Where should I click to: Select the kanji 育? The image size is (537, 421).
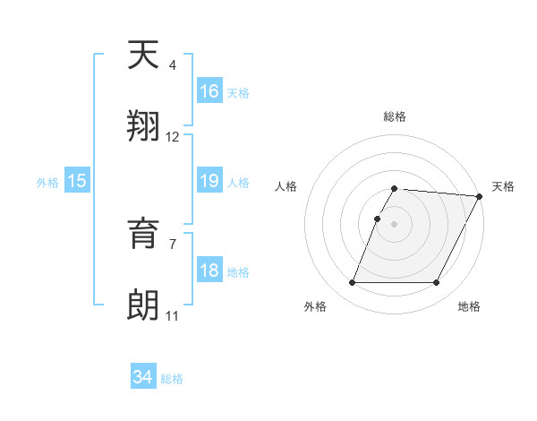(x=144, y=236)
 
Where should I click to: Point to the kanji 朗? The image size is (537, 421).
(x=144, y=305)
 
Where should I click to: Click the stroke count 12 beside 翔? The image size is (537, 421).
(x=173, y=137)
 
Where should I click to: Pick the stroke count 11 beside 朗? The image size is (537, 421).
(x=172, y=316)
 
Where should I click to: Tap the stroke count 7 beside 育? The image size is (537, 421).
(x=173, y=244)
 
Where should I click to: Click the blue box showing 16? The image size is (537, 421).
(x=209, y=90)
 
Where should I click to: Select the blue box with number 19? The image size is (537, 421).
(x=209, y=181)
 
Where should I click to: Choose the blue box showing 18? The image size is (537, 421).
(x=209, y=271)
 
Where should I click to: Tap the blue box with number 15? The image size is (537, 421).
(x=77, y=181)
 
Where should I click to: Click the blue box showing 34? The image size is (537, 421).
(x=143, y=377)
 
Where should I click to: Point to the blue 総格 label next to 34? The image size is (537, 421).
(x=172, y=379)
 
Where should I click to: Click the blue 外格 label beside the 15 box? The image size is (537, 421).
(x=47, y=182)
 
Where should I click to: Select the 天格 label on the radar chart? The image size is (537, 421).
(x=503, y=186)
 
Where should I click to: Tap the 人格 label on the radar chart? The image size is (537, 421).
(x=286, y=186)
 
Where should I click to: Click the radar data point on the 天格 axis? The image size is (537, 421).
(x=480, y=196)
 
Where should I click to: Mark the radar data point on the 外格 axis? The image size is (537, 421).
(x=352, y=283)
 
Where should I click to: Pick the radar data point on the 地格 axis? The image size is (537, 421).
(x=436, y=283)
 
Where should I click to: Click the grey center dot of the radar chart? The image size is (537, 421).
(x=394, y=224)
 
